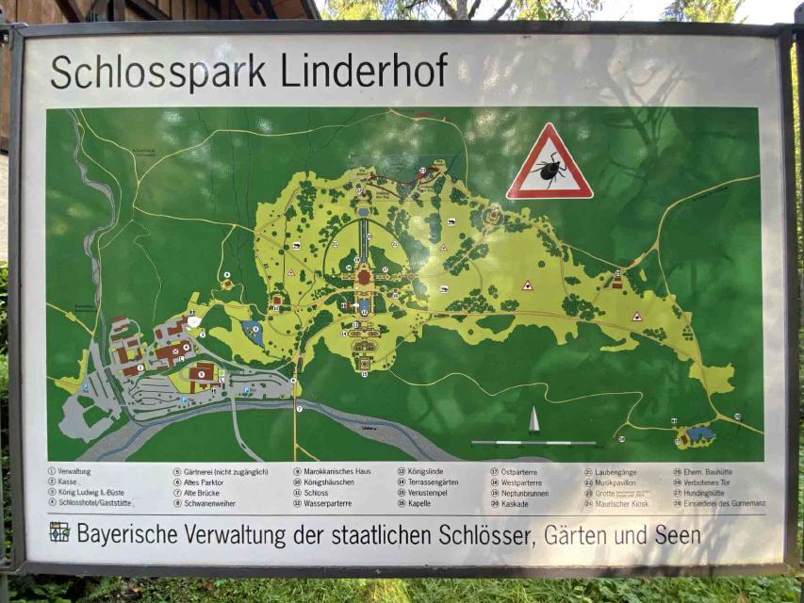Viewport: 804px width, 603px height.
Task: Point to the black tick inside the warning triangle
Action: point(550,171)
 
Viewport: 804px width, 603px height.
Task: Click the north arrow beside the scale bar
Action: point(533,420)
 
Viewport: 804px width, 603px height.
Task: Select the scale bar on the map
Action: point(533,442)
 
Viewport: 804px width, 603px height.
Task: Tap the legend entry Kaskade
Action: point(516,504)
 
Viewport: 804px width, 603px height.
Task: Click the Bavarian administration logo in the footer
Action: point(59,532)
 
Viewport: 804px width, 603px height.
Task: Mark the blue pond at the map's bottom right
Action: point(699,434)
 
